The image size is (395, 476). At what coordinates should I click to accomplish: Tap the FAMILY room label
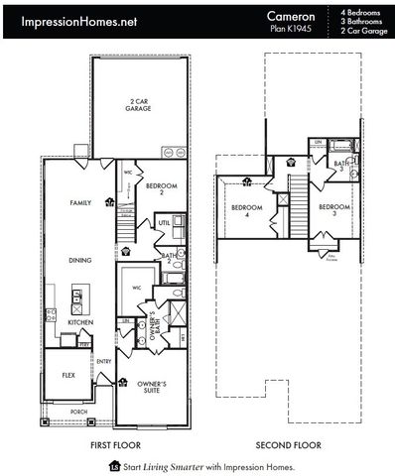point(80,202)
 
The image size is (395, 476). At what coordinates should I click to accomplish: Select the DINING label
point(80,260)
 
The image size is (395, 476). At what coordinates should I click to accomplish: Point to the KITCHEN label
point(80,322)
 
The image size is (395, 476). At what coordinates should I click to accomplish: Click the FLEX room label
point(69,376)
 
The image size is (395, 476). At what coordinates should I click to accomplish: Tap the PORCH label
point(78,411)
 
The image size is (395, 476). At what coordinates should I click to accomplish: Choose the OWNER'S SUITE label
point(152,387)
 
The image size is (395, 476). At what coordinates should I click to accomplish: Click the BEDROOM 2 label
point(161,189)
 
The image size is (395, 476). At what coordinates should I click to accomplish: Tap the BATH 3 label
point(339,166)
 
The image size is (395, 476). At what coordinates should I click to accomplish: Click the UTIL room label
point(164,225)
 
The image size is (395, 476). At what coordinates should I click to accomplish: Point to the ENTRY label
point(104,362)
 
